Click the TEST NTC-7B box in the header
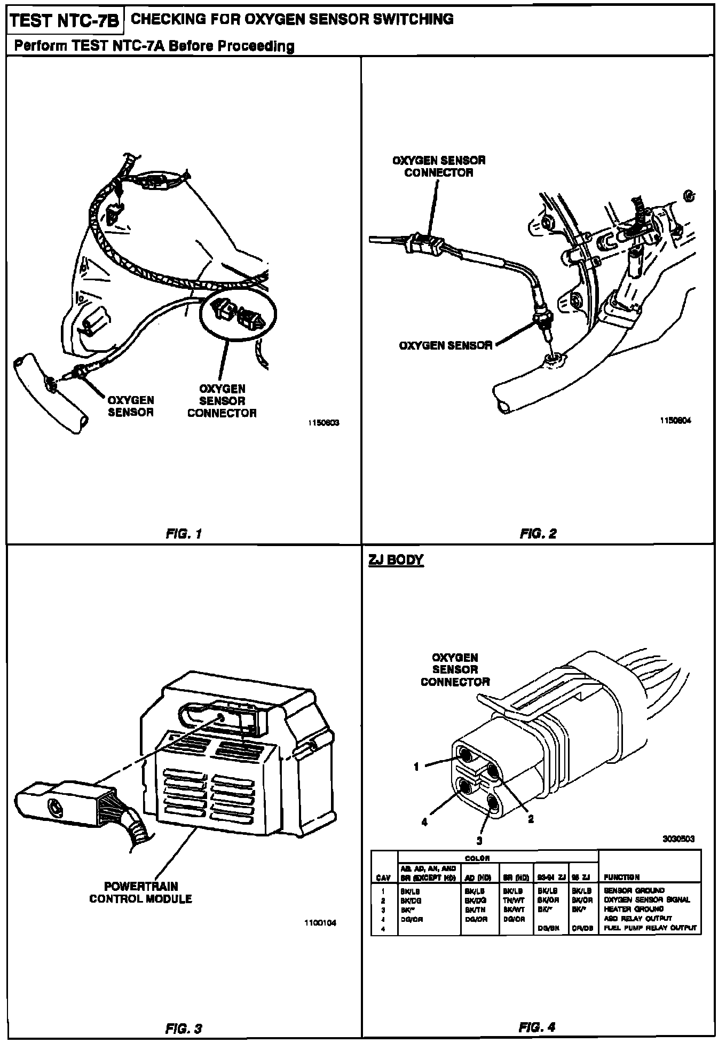(65, 21)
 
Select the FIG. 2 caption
(538, 533)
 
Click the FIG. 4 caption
(537, 1026)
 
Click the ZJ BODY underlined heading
(396, 560)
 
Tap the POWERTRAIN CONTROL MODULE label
(140, 892)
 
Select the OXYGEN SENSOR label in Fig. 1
(131, 406)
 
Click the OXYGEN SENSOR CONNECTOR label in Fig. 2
(439, 166)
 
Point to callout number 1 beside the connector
(416, 767)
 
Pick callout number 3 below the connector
(479, 841)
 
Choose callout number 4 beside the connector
(425, 823)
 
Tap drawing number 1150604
(676, 420)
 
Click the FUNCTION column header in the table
(621, 877)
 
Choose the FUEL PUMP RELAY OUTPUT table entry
(650, 928)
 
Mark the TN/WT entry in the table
(514, 899)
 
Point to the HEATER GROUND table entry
(634, 908)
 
